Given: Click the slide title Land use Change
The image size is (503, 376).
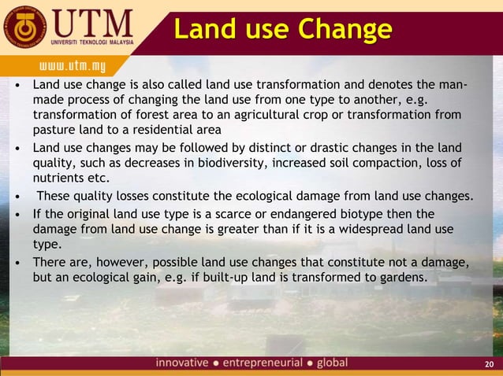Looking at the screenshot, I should click(282, 29).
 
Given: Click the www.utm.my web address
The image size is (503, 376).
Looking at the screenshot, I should click(69, 61).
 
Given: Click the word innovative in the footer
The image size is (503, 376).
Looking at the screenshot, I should click(182, 363).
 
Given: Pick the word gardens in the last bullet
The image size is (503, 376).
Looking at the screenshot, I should click(396, 278).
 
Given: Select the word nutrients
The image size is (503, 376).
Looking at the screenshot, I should click(60, 178).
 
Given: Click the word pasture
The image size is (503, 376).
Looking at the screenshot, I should click(52, 130).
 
